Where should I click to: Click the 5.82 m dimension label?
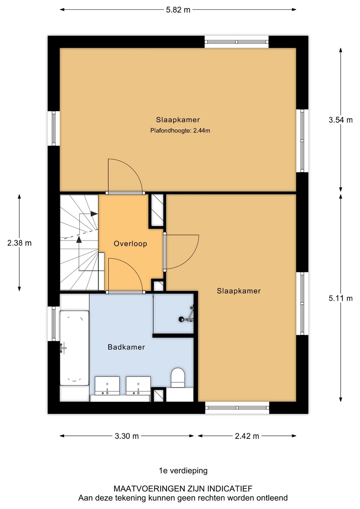pyautogui.click(x=178, y=10)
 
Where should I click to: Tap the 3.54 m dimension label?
pyautogui.click(x=341, y=120)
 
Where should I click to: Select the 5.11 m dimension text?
pyautogui.click(x=341, y=298)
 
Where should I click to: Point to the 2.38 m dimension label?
pyautogui.click(x=19, y=243)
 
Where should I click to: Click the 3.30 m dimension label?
pyautogui.click(x=127, y=436)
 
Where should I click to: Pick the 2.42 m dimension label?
pyautogui.click(x=247, y=436)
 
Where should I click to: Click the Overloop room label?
pyautogui.click(x=130, y=244)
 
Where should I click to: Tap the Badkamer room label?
pyautogui.click(x=126, y=347)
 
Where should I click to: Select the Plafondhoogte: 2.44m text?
pyautogui.click(x=180, y=131)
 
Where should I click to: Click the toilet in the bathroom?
pyautogui.click(x=178, y=378)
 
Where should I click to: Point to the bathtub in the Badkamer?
pyautogui.click(x=74, y=348)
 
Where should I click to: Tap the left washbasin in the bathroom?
pyautogui.click(x=107, y=386)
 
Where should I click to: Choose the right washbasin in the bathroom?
pyautogui.click(x=138, y=386)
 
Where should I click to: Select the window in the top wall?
pyautogui.click(x=237, y=42)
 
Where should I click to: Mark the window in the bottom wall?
pyautogui.click(x=237, y=408)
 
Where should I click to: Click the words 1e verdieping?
pyautogui.click(x=183, y=470)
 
